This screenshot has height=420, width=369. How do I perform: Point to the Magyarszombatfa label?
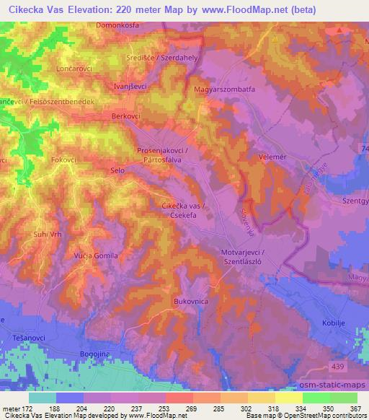[226, 89]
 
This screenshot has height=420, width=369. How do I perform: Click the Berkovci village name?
[127, 115]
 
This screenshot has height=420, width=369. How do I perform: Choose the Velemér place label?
[272, 155]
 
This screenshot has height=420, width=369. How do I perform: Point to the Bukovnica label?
[191, 299]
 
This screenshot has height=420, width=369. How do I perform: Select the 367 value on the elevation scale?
[355, 408]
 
